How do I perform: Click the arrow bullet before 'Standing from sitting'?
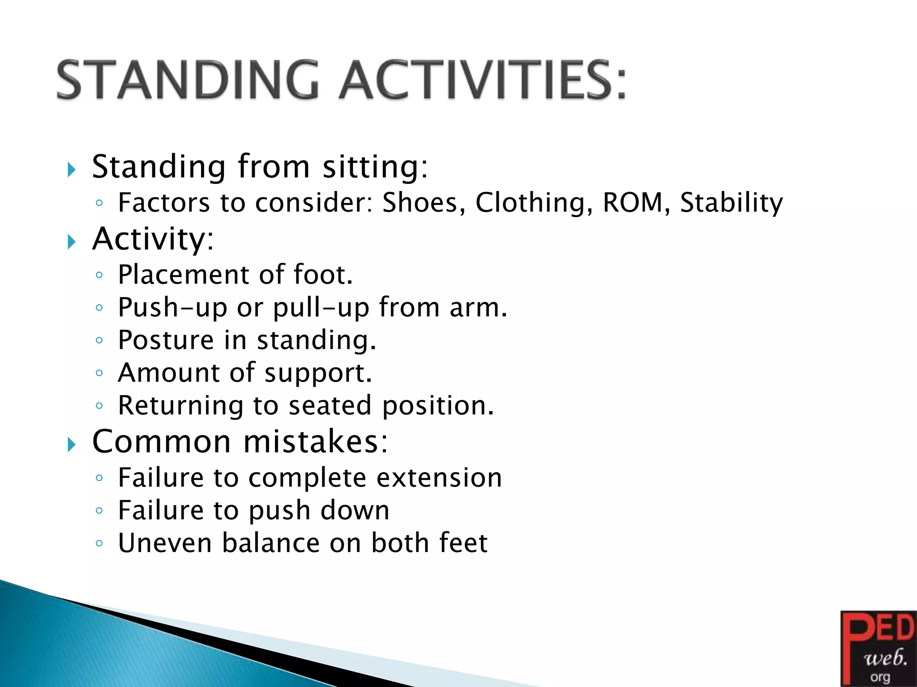tap(71, 170)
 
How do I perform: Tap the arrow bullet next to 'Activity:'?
tap(71, 242)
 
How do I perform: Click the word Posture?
tap(166, 340)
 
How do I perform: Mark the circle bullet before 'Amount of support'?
tap(99, 373)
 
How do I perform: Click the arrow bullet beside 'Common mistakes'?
tap(71, 445)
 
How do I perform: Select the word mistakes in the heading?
tap(315, 442)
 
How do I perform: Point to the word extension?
tap(439, 478)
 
